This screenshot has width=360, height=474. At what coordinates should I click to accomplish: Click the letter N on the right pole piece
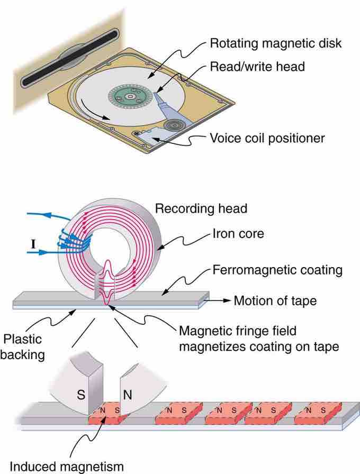[x=128, y=394]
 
